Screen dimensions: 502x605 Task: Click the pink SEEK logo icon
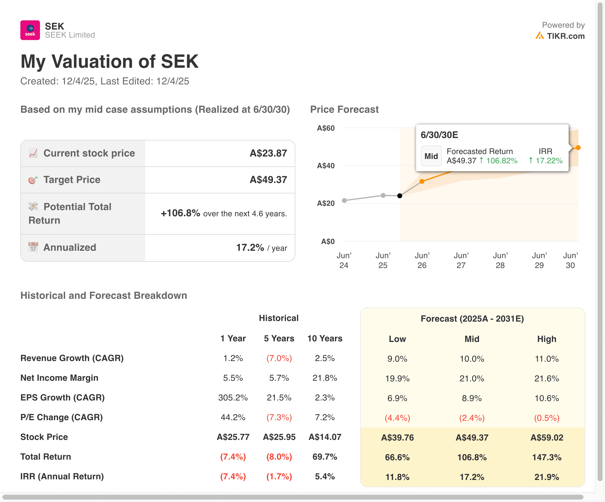tap(30, 30)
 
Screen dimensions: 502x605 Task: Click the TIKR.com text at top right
tap(566, 36)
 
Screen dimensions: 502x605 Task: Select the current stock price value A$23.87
tap(268, 153)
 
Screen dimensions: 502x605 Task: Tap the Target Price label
tap(72, 180)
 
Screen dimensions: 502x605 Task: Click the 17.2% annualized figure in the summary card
tap(250, 247)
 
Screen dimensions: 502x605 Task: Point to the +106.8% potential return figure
tap(180, 213)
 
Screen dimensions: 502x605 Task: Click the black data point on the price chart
tap(400, 196)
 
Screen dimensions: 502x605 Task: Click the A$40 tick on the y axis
tap(326, 166)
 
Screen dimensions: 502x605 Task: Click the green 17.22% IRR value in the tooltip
tap(549, 161)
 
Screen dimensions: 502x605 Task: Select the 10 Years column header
tap(325, 338)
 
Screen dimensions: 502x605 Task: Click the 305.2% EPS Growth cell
tap(233, 398)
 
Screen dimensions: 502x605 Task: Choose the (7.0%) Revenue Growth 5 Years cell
tap(279, 358)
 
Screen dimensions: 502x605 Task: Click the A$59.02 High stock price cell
tap(547, 437)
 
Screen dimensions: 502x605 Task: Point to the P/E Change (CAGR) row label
tap(61, 417)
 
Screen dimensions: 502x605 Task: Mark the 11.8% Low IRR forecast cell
tap(397, 477)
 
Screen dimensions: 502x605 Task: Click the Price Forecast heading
tap(344, 110)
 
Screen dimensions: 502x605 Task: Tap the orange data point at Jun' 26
tap(422, 181)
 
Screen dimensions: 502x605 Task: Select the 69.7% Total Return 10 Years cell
tap(325, 457)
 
